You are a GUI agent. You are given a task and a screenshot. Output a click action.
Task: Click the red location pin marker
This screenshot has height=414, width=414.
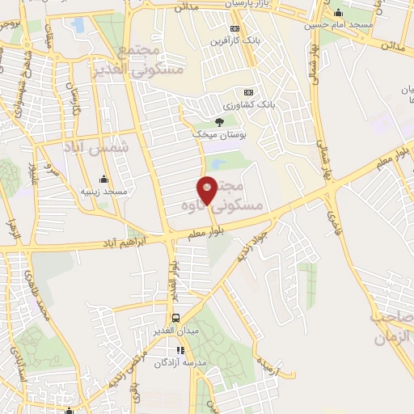(207, 190)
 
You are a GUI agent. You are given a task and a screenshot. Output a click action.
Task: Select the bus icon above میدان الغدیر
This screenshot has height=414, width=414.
(176, 318)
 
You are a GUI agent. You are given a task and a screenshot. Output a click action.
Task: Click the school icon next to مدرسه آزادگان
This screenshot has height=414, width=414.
(180, 351)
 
